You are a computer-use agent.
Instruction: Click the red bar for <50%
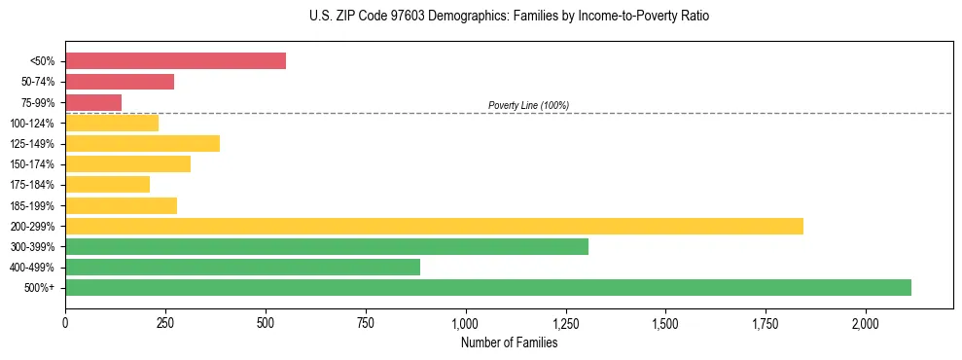[x=175, y=61]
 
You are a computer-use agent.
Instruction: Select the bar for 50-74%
[x=120, y=82]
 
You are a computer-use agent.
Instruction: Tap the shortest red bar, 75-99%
[x=93, y=102]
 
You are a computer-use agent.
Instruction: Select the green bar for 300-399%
[x=327, y=246]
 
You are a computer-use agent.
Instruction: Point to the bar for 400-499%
[x=242, y=267]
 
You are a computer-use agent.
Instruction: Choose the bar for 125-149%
[x=142, y=144]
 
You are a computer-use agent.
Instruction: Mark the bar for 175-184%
[x=107, y=185]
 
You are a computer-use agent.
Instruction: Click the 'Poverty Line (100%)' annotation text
[x=528, y=105]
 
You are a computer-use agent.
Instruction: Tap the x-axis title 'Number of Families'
[x=509, y=342]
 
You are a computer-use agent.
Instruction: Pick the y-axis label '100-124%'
[x=32, y=124]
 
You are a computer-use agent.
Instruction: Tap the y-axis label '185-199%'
[x=32, y=205]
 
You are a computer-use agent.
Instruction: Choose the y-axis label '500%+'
[x=40, y=288]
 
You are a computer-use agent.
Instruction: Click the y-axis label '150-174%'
[x=32, y=164]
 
